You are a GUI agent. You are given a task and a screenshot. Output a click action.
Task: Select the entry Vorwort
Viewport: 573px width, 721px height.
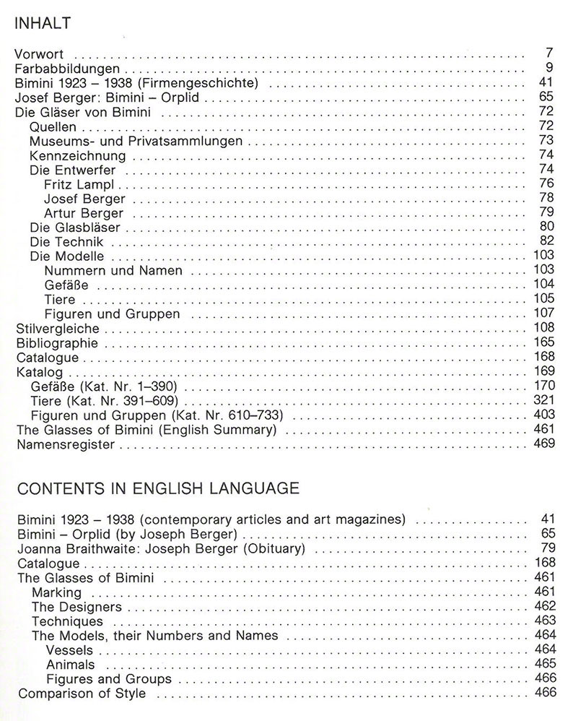click(x=40, y=54)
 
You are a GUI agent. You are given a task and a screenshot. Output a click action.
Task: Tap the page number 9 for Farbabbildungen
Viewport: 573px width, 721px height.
click(x=549, y=69)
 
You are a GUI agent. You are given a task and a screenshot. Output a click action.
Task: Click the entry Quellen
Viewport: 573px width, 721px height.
click(x=53, y=126)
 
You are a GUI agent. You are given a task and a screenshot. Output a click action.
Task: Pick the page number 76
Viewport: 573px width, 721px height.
click(x=546, y=184)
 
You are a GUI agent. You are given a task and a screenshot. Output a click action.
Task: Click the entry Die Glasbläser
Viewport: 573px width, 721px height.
click(x=75, y=228)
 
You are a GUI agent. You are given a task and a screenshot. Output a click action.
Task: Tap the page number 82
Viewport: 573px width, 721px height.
click(x=546, y=241)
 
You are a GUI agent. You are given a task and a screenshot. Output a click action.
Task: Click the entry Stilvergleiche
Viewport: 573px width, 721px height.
click(x=57, y=329)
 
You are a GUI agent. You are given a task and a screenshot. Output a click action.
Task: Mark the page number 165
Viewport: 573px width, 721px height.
click(x=543, y=342)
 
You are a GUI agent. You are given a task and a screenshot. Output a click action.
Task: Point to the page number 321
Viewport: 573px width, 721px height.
click(x=543, y=400)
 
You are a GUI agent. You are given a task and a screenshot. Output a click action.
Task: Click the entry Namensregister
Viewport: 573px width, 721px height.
click(x=66, y=444)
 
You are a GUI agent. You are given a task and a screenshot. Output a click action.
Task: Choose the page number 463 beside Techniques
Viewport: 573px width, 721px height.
click(x=543, y=621)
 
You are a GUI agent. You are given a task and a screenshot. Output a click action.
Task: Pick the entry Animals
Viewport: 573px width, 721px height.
click(x=70, y=665)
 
